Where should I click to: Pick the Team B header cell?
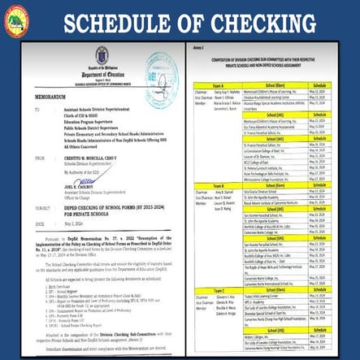pos(217,185)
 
